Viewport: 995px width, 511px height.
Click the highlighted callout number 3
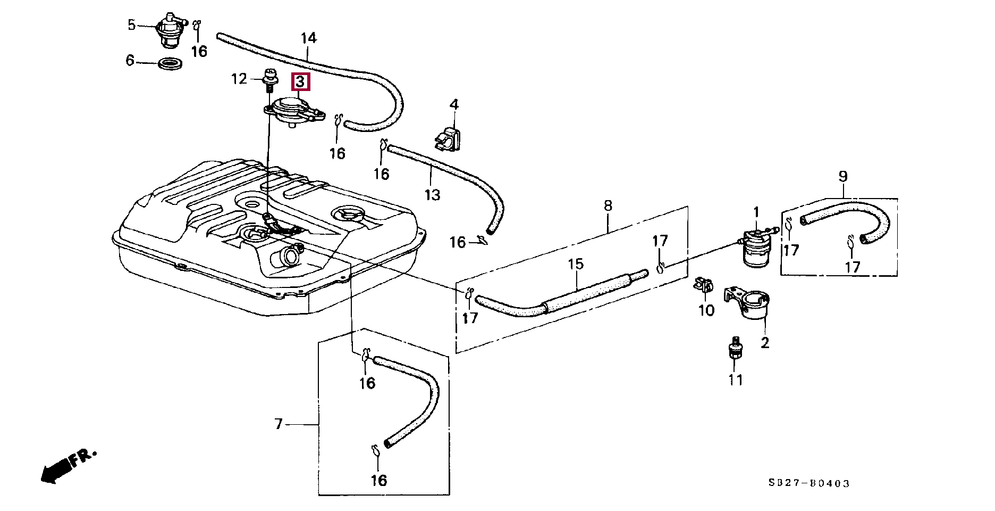point(300,82)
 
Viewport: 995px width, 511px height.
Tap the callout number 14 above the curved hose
point(308,38)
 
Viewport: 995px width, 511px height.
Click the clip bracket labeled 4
point(448,139)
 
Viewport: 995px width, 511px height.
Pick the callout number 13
point(433,195)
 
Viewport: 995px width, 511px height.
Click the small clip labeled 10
point(704,287)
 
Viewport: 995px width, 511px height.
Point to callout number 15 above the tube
point(576,264)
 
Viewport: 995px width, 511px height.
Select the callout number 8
point(608,205)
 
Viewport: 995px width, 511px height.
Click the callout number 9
point(843,176)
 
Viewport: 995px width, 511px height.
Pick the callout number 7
point(279,424)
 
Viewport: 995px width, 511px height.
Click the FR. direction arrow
point(68,465)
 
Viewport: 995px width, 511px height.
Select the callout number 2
point(765,343)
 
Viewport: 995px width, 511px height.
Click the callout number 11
point(736,380)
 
